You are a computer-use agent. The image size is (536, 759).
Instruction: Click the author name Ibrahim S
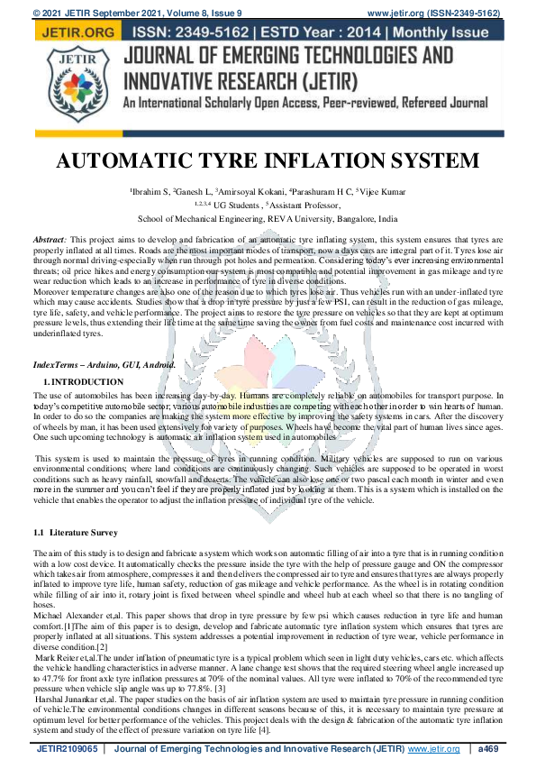(x=152, y=192)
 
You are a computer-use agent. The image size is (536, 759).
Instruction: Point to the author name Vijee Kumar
(x=359, y=192)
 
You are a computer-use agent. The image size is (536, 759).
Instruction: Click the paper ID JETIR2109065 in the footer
(x=64, y=748)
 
